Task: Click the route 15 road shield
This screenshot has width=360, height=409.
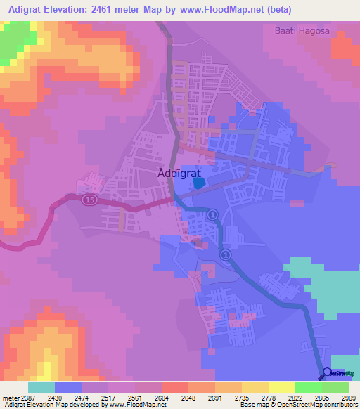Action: tap(88, 200)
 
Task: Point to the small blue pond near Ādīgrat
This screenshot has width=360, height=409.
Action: tap(199, 182)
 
